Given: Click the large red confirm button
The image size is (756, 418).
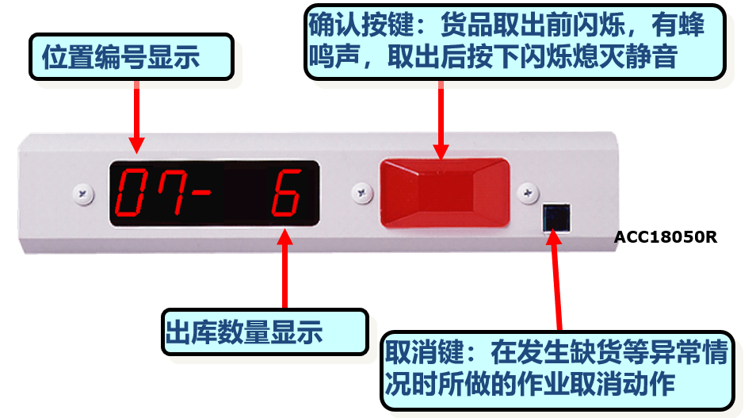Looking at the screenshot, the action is (x=445, y=193).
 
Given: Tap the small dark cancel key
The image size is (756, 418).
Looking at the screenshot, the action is (x=556, y=217).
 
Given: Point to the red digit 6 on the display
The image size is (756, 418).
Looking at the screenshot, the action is (x=286, y=193).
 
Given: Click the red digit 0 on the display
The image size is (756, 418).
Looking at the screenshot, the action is (x=130, y=192).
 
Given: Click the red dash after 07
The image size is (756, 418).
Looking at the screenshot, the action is (x=201, y=193).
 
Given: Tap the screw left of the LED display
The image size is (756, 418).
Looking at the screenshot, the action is (x=83, y=194).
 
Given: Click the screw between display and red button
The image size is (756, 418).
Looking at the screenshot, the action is (x=362, y=193).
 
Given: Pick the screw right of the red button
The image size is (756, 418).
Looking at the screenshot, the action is (x=528, y=193).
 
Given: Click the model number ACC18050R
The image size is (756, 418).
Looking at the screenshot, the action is (x=666, y=237).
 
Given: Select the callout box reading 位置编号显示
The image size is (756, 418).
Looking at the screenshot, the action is (x=131, y=57).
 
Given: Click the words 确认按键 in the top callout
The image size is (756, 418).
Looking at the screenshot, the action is (x=361, y=25).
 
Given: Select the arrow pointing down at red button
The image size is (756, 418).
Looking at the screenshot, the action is (x=441, y=120).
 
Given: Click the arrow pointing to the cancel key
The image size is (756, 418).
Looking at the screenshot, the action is (x=556, y=281).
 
